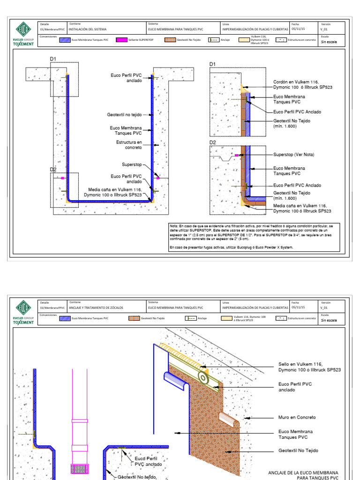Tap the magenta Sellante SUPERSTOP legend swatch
coord(121,40)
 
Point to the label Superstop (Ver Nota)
coord(293,155)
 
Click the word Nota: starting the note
coord(174,226)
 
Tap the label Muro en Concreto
coord(297,417)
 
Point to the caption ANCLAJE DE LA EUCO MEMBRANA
coord(303,472)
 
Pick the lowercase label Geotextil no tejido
coord(124,114)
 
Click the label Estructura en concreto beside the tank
coord(129,144)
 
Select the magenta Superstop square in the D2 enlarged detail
coord(238,155)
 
